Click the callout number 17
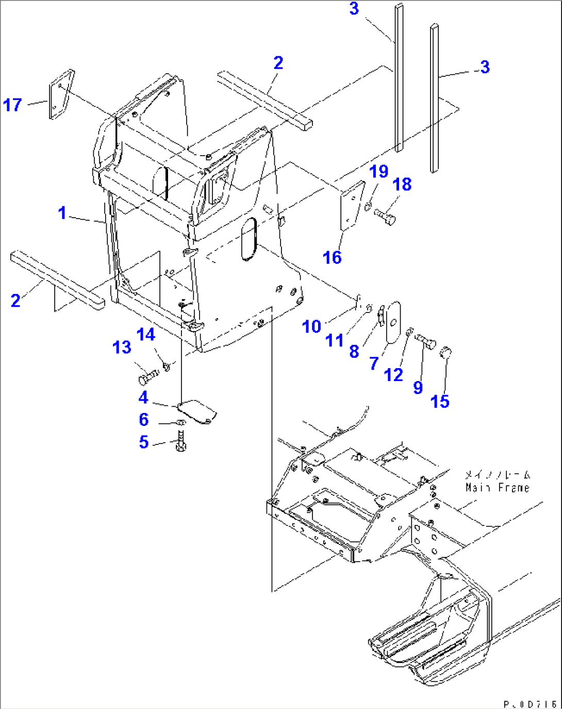click(12, 105)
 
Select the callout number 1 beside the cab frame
click(62, 212)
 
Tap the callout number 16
click(332, 257)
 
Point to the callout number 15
click(440, 401)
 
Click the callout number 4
click(143, 398)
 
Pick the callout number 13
click(122, 347)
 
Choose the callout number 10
click(311, 326)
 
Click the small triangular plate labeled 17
click(61, 95)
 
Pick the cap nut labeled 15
click(447, 353)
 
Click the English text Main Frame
click(497, 488)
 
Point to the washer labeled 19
click(369, 207)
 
